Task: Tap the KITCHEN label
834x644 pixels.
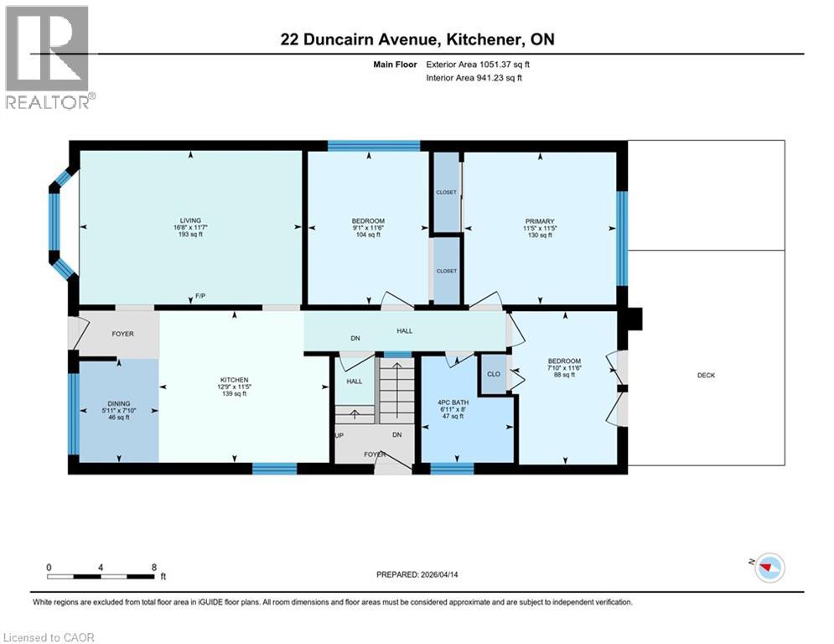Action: (233, 378)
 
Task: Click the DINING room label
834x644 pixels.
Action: (118, 402)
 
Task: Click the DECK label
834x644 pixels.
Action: (706, 375)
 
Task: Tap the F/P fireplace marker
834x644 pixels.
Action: (200, 296)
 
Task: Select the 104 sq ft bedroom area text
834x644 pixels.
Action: (368, 236)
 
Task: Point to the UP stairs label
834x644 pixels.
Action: (339, 435)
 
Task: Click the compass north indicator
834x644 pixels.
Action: (767, 569)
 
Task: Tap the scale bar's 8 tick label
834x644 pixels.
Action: (153, 567)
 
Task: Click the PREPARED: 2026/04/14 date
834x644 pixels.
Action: (418, 574)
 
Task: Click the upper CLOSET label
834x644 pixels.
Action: (446, 192)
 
